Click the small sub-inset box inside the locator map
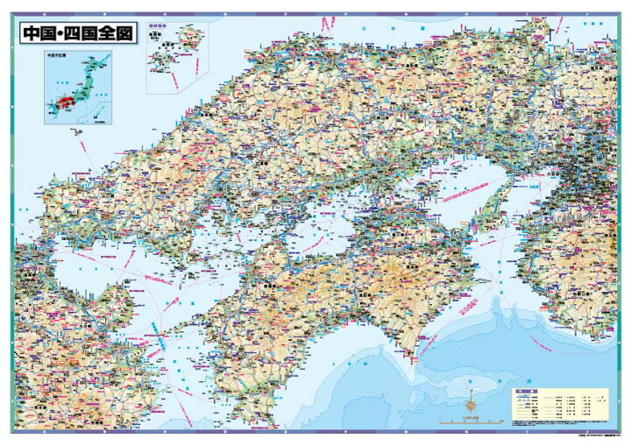click(98, 115)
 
